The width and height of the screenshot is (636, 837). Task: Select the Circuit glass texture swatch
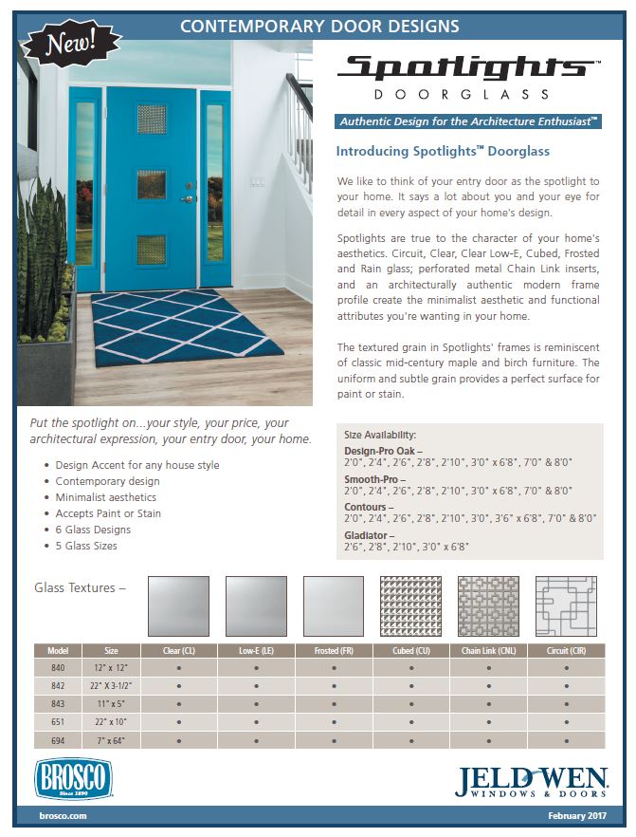566,606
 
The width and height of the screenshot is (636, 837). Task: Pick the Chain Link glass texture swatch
489,606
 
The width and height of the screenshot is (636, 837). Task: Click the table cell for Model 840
57,667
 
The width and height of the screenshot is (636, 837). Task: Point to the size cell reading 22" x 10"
111,721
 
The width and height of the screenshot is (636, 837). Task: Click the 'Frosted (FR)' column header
334,650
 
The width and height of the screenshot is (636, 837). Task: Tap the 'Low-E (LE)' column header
256,650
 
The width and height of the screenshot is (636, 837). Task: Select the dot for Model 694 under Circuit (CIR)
567,739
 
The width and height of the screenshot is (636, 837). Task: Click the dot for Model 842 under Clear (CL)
178,685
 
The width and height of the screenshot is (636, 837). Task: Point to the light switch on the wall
255,181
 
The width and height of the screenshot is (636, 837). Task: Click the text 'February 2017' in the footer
577,816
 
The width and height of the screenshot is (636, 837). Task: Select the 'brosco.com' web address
64,816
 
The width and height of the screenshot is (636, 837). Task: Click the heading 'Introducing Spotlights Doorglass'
443,151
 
